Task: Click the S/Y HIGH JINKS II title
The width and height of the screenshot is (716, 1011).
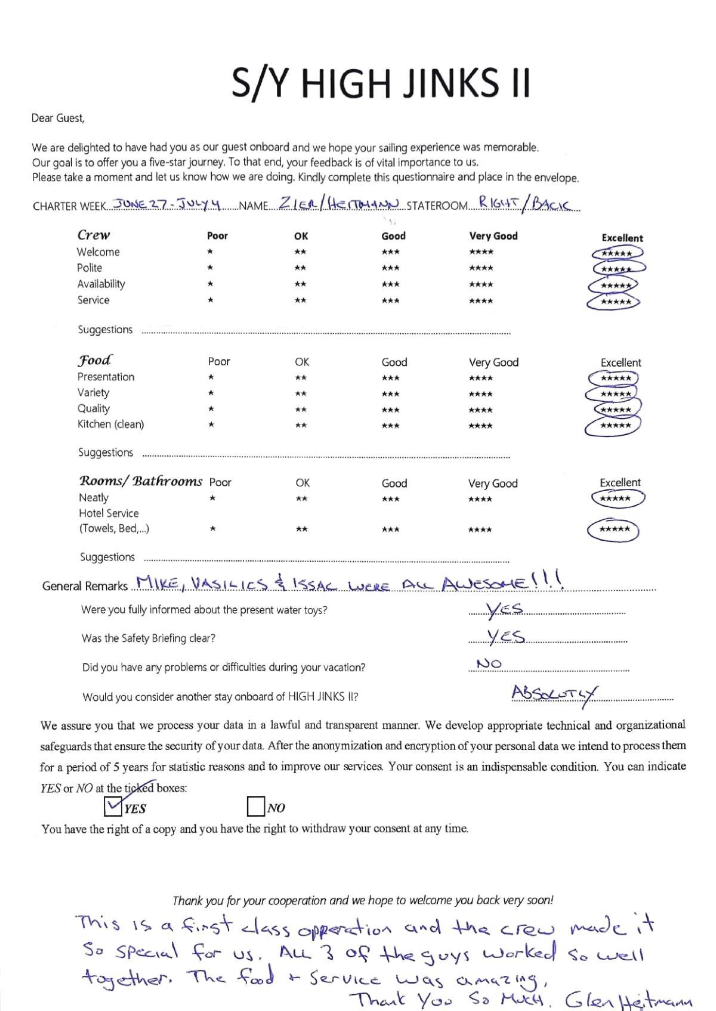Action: [381, 83]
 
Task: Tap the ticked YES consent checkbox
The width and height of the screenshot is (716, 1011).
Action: [113, 807]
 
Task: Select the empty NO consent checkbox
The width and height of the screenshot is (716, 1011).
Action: [255, 807]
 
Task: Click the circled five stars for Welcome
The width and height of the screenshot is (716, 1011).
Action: [617, 253]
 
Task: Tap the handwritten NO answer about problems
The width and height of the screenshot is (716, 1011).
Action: [489, 663]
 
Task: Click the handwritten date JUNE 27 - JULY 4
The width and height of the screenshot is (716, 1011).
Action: [167, 204]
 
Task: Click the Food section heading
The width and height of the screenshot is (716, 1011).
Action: [95, 361]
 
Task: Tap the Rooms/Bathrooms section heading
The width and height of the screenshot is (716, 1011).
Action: [141, 481]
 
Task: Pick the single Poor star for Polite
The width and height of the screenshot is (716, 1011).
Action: [210, 268]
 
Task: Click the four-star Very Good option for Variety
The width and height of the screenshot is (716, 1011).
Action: [481, 394]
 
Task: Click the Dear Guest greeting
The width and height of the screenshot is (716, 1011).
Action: [58, 118]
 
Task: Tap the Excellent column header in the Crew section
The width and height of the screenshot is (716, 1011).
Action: [622, 238]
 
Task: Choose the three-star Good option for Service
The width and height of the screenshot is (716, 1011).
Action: [391, 300]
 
